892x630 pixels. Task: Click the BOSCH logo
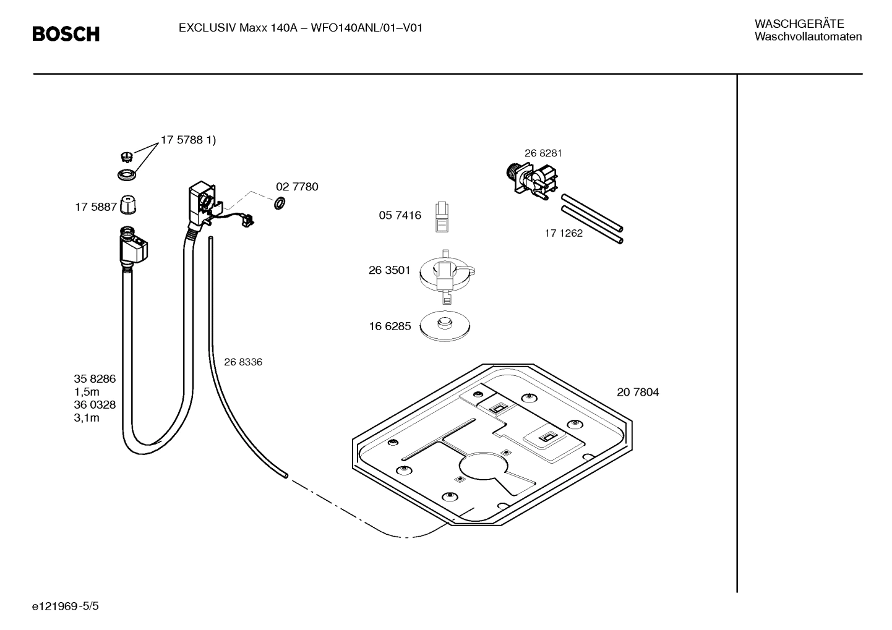(x=66, y=34)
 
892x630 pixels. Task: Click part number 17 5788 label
(x=188, y=140)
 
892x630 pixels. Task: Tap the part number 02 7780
(x=297, y=187)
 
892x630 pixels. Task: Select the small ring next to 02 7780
(x=279, y=202)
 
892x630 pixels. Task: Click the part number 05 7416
(x=400, y=215)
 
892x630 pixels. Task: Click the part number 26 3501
(x=389, y=270)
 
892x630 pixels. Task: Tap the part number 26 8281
(x=543, y=153)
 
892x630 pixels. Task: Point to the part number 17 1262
(x=564, y=233)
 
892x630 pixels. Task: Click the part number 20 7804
(x=638, y=392)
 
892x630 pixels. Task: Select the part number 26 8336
(x=242, y=362)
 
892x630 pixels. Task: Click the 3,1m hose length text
(x=87, y=418)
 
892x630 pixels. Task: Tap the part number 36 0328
(x=95, y=405)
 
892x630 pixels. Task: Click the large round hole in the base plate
(x=482, y=469)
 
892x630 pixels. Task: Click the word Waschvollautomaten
(x=808, y=37)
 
